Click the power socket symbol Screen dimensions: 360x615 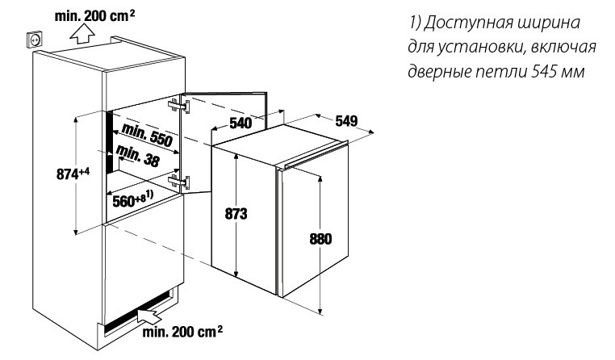(35, 38)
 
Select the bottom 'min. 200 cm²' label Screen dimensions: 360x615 (183, 331)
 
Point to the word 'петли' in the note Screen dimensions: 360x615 (507, 72)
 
